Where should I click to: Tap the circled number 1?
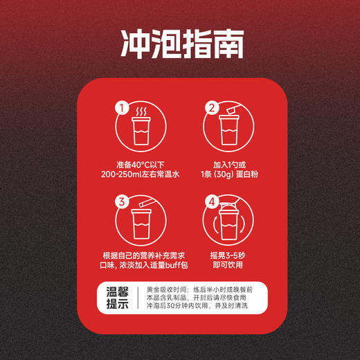pyautogui.click(x=122, y=108)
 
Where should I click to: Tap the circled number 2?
pyautogui.click(x=213, y=108)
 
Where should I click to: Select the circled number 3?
pyautogui.click(x=122, y=202)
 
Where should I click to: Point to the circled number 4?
pyautogui.click(x=213, y=202)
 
